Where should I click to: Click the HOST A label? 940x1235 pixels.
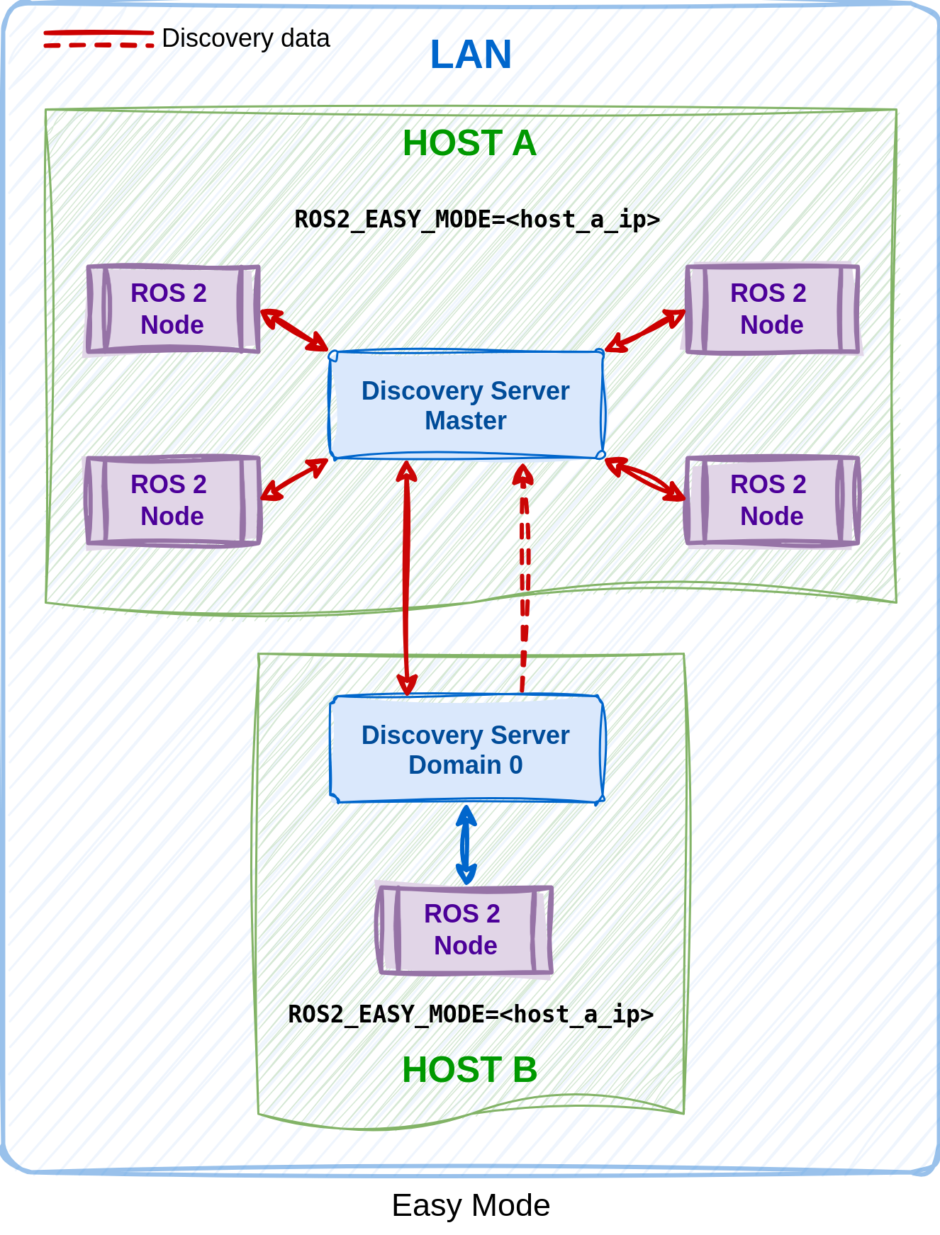[x=469, y=144]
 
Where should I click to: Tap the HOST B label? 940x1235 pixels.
[x=469, y=1069]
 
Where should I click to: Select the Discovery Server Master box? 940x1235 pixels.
[x=466, y=405]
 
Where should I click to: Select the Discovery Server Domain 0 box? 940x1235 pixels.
[x=466, y=750]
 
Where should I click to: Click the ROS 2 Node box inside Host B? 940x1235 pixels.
[x=464, y=930]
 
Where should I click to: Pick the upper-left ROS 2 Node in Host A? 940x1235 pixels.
[x=172, y=309]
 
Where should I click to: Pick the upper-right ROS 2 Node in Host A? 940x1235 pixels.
[x=771, y=309]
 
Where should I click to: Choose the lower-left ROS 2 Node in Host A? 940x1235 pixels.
[x=172, y=500]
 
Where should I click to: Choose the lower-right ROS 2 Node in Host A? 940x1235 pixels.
[x=771, y=500]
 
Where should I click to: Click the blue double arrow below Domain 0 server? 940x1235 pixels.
[x=466, y=844]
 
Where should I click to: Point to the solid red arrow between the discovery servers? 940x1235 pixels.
[x=406, y=577]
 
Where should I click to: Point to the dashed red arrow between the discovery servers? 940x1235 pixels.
[x=524, y=577]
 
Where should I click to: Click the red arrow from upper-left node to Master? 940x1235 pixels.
[x=294, y=330]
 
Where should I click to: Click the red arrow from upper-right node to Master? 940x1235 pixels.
[x=644, y=330]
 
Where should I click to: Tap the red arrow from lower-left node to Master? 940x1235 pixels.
[x=294, y=480]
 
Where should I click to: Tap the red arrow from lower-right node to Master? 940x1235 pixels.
[x=644, y=480]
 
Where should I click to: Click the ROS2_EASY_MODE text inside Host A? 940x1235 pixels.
[x=476, y=220]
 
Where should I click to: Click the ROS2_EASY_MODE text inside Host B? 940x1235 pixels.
[x=471, y=1015]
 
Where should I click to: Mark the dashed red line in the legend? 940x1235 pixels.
[x=99, y=45]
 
